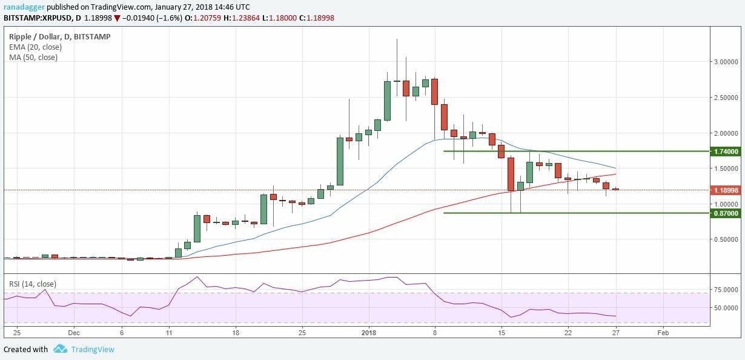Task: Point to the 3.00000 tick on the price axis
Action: [726, 62]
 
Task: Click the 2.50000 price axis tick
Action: [726, 98]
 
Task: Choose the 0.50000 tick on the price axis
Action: [726, 239]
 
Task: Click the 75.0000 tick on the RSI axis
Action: [726, 290]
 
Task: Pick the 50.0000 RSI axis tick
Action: [726, 308]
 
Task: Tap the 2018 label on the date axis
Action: [369, 333]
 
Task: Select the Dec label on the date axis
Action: [74, 333]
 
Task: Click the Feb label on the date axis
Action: [663, 333]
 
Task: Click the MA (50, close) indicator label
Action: [33, 58]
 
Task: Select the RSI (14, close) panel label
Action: [33, 283]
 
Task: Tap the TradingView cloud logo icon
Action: [60, 349]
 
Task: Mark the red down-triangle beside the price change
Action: [117, 18]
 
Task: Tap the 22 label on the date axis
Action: [568, 333]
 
